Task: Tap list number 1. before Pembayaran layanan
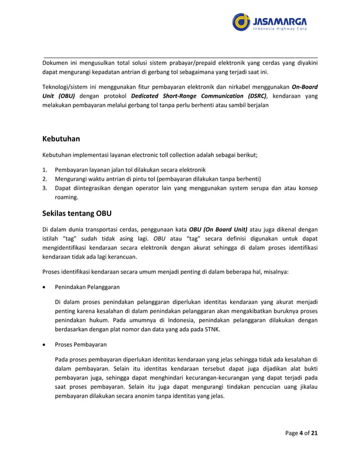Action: [45, 170]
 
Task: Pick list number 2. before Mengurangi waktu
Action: [45, 179]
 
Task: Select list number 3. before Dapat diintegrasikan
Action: [45, 188]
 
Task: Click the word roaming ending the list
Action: [67, 198]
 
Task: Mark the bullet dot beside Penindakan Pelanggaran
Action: [45, 287]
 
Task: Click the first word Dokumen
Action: [56, 63]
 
